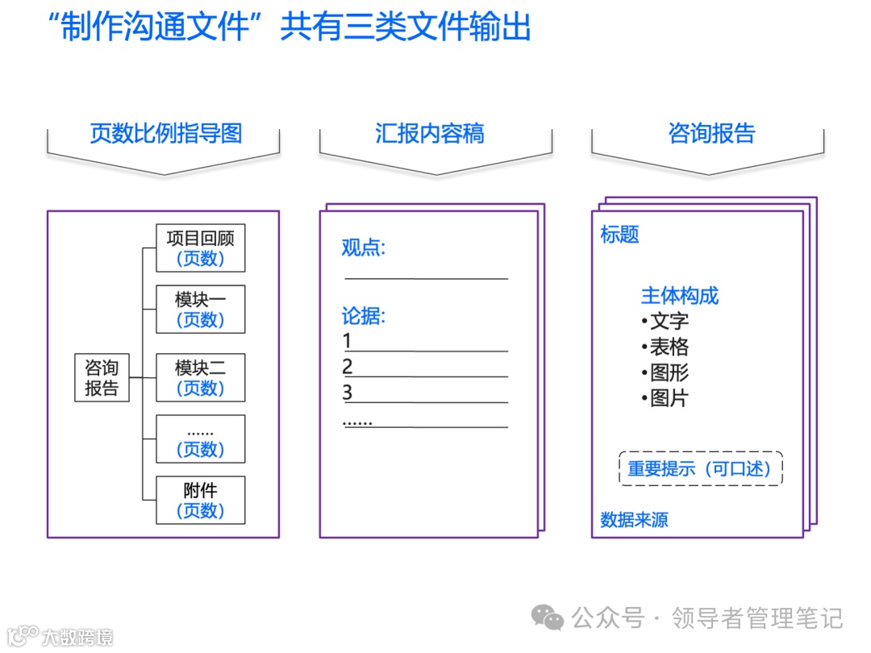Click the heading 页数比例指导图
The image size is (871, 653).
tap(165, 133)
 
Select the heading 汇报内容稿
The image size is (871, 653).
tap(429, 133)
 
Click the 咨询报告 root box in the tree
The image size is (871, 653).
tap(102, 378)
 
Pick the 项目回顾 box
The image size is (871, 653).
tap(200, 248)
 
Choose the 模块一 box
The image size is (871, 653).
tap(200, 310)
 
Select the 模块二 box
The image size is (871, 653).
tap(200, 378)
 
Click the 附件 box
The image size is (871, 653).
tap(200, 501)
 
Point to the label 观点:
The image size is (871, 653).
tap(363, 247)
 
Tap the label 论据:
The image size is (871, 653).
tap(363, 316)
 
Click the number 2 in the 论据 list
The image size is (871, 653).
tap(348, 368)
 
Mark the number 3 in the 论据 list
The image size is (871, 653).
tap(348, 393)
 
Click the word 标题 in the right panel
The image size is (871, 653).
tap(619, 235)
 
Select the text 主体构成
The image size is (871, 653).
tap(679, 296)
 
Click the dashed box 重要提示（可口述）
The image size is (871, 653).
tap(700, 468)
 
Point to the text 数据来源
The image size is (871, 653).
tap(634, 520)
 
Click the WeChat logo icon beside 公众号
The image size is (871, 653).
tap(548, 618)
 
